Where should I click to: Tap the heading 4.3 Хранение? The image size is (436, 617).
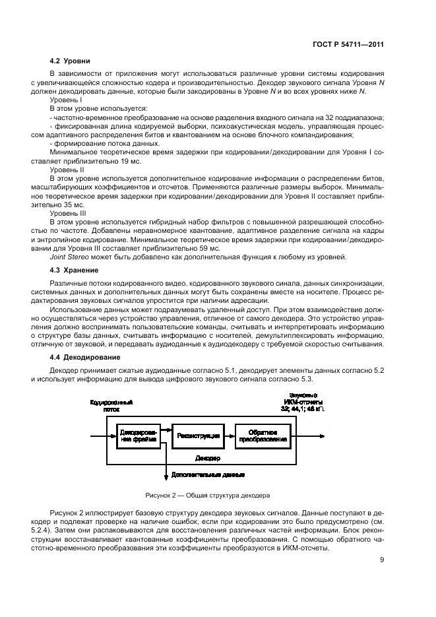tap(75, 270)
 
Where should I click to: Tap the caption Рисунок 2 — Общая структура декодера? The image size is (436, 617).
tap(208, 495)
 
